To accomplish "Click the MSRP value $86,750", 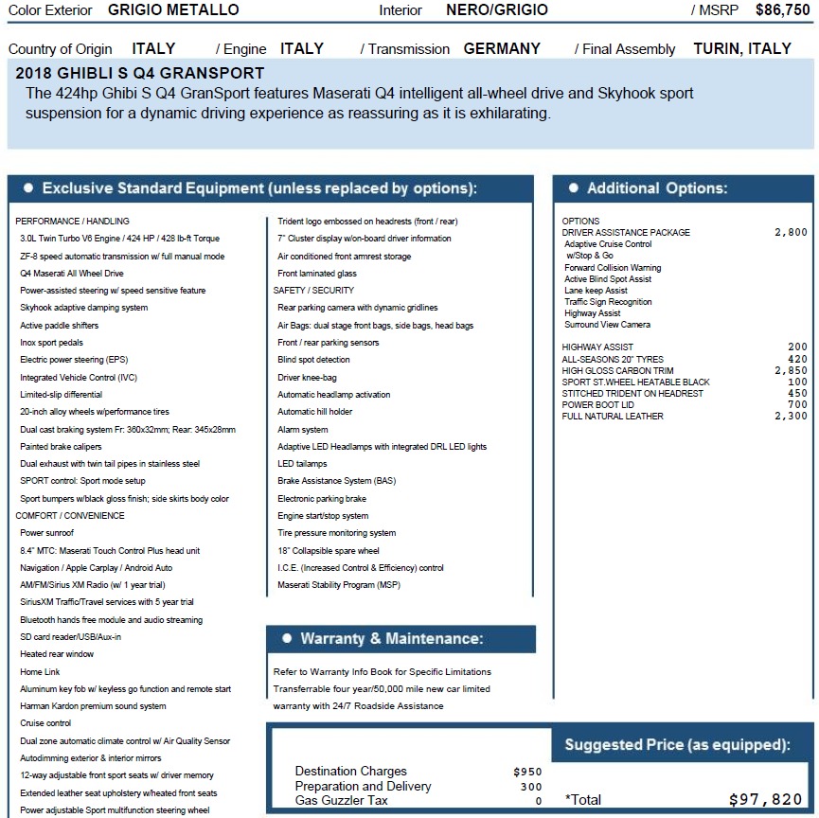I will (782, 10).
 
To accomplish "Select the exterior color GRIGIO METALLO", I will (173, 10).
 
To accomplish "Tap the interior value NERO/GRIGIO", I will (496, 10).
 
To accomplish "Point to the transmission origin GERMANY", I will (502, 49).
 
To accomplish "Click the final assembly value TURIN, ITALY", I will (741, 49).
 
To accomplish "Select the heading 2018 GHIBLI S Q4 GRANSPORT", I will (140, 74).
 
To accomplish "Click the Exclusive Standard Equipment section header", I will (258, 188).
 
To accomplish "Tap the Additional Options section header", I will (656, 188).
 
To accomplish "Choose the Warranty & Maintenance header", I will (391, 639).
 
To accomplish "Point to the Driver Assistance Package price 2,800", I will (791, 233).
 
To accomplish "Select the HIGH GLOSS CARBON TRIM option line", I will (617, 371).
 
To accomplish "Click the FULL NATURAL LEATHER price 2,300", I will (791, 417).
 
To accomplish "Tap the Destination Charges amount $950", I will (527, 772).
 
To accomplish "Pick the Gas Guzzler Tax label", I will (341, 801).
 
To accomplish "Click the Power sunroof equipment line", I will (46, 533).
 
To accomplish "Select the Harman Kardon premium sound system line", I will (93, 706).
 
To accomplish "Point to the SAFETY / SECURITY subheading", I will (313, 291).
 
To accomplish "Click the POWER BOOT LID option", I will (597, 405).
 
